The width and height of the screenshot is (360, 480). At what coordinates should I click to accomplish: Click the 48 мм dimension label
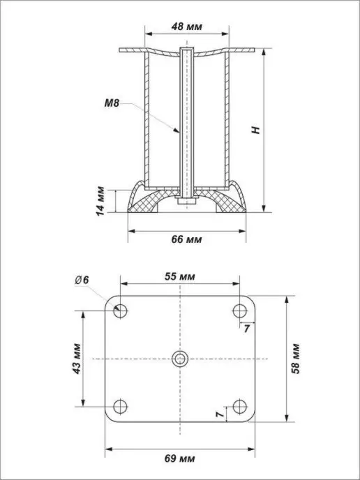point(187,27)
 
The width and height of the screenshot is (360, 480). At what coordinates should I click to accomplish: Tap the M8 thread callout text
point(112,103)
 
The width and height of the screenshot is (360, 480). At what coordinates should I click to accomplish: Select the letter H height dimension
point(256,130)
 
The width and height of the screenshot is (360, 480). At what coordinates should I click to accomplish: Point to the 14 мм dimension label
point(100,201)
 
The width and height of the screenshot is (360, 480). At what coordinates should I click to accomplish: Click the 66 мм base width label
point(186,239)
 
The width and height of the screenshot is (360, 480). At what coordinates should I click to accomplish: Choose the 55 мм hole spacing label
point(180,276)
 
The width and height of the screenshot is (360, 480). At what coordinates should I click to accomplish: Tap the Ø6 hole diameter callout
point(82,280)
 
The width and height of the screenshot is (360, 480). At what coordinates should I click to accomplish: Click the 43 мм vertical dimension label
point(77,359)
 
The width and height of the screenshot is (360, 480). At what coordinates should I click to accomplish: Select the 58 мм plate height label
point(296,359)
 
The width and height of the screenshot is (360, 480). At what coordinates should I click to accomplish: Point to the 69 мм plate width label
point(180,459)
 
